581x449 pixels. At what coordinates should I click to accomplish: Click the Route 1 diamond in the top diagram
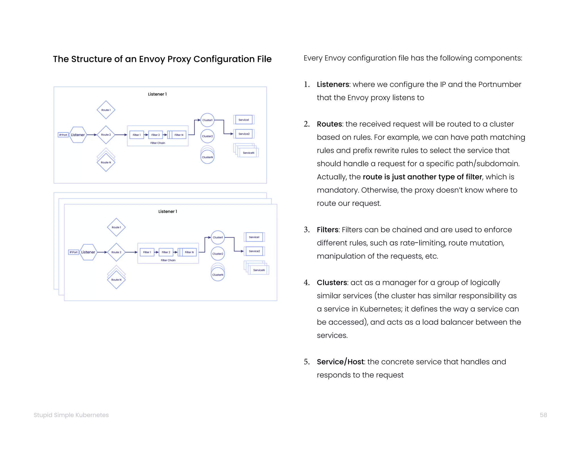[x=106, y=110]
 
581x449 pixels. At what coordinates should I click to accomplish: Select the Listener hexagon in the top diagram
[x=78, y=135]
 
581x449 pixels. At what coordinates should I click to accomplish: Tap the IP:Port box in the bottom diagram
[x=73, y=252]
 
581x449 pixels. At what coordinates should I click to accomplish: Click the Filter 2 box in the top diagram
[x=155, y=135]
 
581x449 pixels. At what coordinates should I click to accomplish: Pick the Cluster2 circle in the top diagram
[x=207, y=136]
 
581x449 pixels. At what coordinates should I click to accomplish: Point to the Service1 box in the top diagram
[x=244, y=120]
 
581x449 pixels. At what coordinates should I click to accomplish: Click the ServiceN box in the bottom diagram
[x=259, y=270]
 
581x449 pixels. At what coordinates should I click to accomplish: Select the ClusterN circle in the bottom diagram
[x=218, y=274]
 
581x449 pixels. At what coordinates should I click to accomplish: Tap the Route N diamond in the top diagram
[x=106, y=162]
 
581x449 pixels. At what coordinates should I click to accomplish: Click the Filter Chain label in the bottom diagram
[x=168, y=260]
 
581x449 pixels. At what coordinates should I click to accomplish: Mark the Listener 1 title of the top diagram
[x=157, y=94]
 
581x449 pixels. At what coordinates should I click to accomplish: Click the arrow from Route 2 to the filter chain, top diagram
[x=121, y=135]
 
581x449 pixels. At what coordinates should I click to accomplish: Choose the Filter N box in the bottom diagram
[x=189, y=252]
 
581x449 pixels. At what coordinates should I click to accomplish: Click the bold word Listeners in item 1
[x=333, y=85]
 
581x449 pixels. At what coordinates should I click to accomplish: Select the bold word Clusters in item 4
[x=332, y=283]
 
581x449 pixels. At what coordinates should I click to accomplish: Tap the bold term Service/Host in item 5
[x=340, y=362]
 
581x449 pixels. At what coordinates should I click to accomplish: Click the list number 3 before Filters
[x=306, y=230]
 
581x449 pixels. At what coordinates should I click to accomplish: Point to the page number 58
[x=543, y=415]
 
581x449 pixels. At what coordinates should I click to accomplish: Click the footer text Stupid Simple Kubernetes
[x=71, y=415]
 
